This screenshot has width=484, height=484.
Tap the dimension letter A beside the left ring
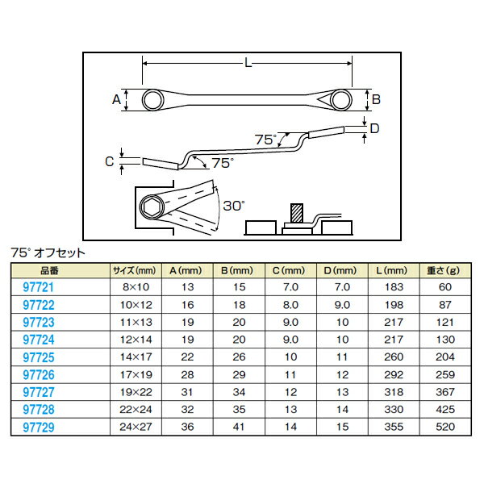coord(117,99)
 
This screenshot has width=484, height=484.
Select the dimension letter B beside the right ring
coord(375,99)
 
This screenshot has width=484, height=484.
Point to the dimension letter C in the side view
coord(111,161)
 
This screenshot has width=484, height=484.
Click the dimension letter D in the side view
coord(374,128)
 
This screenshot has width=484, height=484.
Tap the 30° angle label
coord(233,206)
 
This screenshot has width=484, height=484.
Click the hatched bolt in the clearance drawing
coord(296,215)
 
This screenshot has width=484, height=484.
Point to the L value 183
coord(394,286)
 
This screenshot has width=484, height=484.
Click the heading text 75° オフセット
coord(48,252)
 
